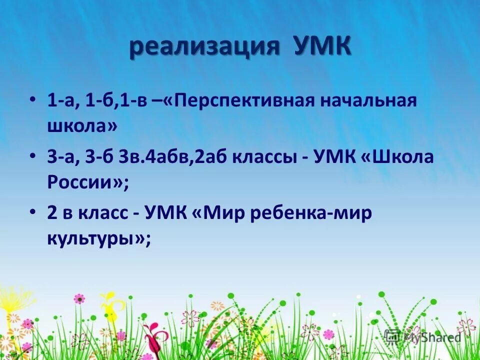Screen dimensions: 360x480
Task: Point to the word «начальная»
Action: [369, 100]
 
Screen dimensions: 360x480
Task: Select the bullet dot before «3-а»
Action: [33, 156]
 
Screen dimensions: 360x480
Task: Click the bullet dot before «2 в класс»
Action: [33, 212]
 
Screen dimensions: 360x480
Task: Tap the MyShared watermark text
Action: [432, 337]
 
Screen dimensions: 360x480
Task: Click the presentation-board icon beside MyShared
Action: [393, 337]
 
